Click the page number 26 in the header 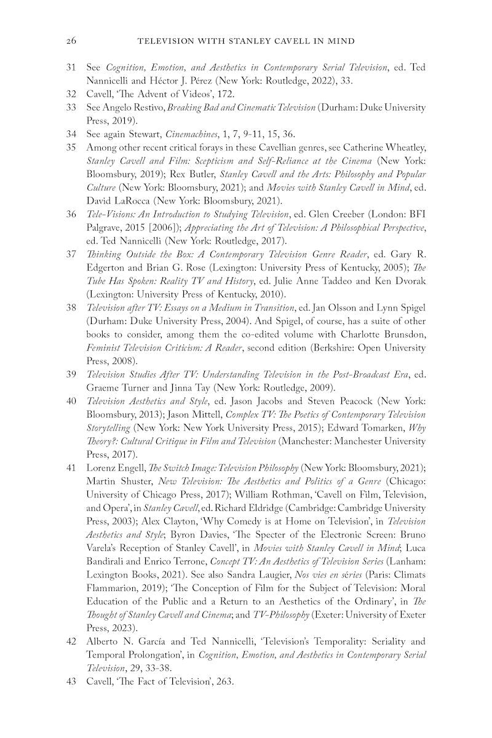(x=71, y=41)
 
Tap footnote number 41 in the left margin (x=71, y=468)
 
